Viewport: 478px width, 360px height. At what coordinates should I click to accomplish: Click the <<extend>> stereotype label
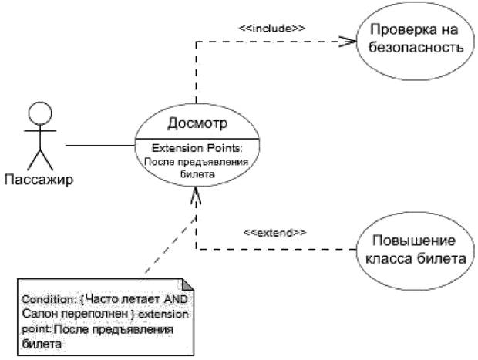tap(274, 230)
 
